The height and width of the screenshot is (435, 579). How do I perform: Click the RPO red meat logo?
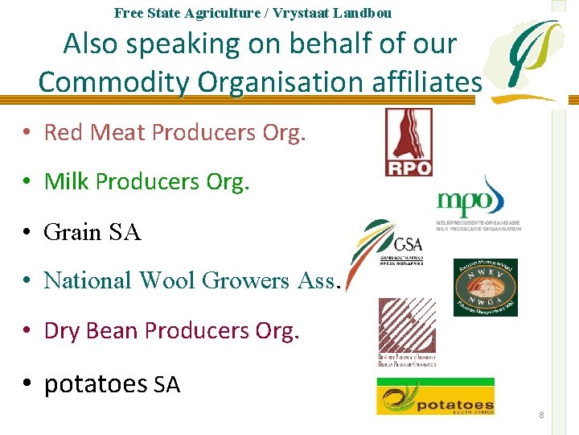coord(409,143)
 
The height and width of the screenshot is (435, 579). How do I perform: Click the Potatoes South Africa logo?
coord(435,396)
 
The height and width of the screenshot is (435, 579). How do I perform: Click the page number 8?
coord(541,415)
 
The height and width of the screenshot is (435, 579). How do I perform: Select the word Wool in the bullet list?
coord(167,280)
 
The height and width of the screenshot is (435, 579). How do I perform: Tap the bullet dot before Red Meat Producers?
coord(27,133)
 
